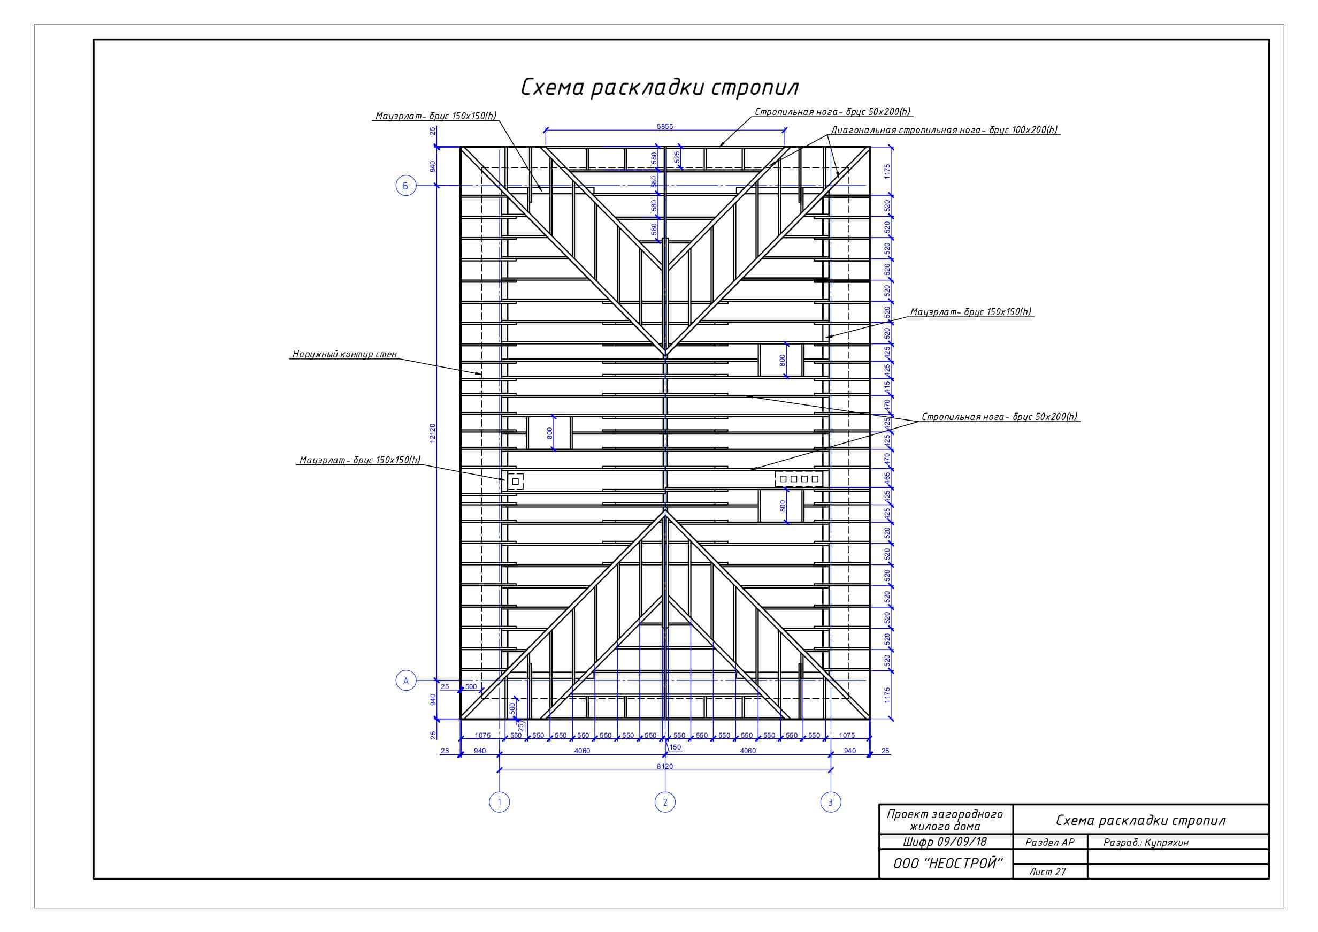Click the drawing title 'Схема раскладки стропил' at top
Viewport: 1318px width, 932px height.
point(660,88)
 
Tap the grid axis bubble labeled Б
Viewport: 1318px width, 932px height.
point(406,186)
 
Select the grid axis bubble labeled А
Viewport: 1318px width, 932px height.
point(406,681)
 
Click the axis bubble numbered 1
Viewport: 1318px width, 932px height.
point(500,801)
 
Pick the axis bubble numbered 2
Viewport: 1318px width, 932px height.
point(665,801)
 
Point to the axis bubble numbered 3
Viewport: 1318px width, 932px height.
point(831,801)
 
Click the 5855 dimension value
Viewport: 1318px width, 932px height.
point(665,126)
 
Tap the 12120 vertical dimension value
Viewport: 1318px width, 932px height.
point(433,433)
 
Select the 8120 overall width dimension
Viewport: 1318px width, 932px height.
point(665,766)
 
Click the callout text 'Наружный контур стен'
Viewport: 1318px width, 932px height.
point(344,354)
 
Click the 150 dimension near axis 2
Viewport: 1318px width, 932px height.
point(675,747)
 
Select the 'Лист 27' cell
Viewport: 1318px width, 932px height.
point(1048,872)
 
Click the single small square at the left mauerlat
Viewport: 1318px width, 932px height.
point(515,481)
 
